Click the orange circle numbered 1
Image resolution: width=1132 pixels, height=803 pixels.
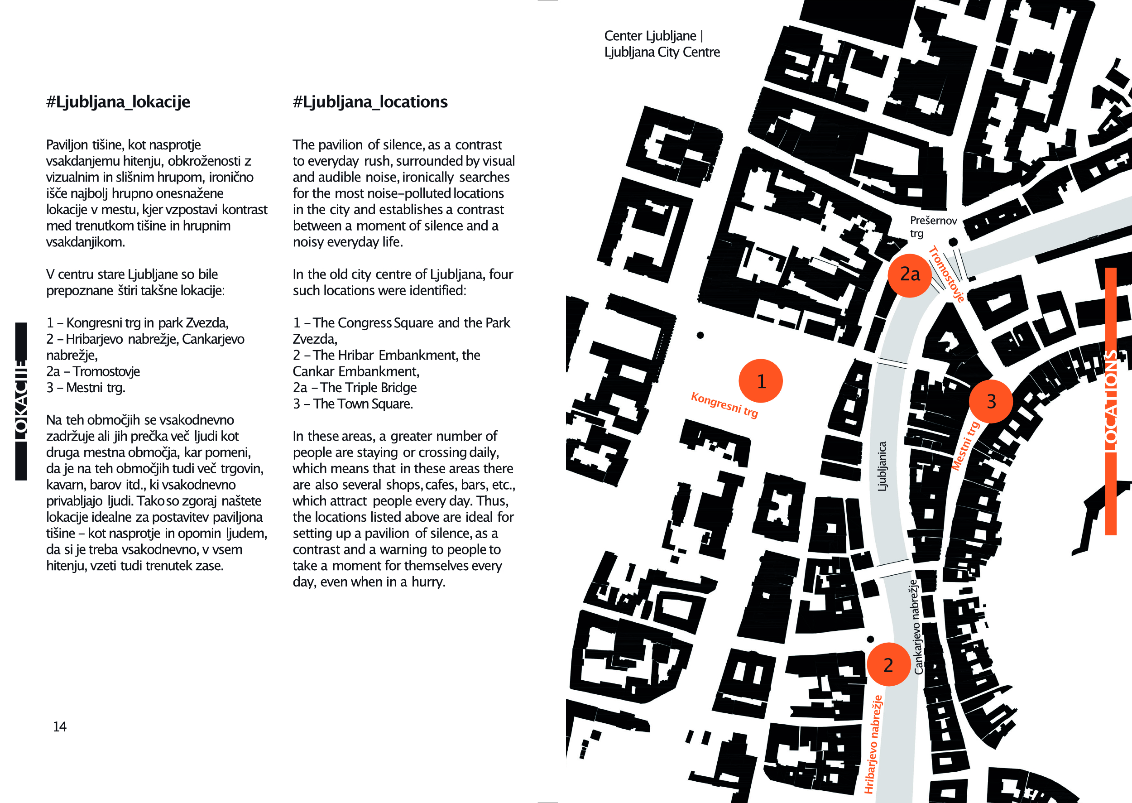760,381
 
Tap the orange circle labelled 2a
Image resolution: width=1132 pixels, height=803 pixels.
910,275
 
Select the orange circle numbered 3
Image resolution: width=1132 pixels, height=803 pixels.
991,401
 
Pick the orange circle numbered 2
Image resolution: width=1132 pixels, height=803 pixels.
888,664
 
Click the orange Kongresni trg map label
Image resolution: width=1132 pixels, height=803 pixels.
724,404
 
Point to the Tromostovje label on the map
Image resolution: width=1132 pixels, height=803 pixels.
946,274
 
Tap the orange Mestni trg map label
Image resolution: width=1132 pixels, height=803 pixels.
965,446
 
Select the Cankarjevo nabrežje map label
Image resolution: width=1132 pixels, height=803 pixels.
918,626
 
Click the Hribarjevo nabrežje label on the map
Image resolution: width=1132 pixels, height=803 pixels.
873,744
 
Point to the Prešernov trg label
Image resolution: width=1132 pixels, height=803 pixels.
933,226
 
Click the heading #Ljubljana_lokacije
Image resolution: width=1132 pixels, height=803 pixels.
118,102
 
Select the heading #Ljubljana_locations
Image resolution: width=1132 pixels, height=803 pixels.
370,102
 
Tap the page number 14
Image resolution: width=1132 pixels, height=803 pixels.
59,726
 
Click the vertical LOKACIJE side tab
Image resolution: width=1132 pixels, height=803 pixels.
21,401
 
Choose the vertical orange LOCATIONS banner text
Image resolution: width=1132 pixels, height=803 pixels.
1110,401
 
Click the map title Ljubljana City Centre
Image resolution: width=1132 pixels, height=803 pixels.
662,52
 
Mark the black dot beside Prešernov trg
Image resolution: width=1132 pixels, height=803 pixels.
953,242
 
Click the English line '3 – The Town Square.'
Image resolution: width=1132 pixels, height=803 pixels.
353,404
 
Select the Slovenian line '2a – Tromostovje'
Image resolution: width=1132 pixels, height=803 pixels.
93,371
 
